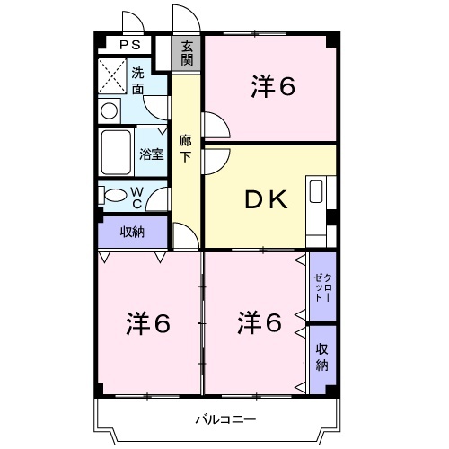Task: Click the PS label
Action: [x=130, y=45]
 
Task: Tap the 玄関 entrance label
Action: [x=187, y=53]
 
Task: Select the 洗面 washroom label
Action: [x=137, y=81]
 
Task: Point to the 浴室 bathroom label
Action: [x=152, y=154]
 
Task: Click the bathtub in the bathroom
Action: [x=116, y=153]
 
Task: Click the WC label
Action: [x=137, y=198]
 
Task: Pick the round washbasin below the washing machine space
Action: [x=109, y=111]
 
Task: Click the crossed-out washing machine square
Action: [x=112, y=76]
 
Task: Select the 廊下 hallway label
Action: [x=185, y=149]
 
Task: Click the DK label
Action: [x=266, y=199]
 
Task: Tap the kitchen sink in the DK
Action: [x=316, y=191]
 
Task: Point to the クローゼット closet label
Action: [x=322, y=287]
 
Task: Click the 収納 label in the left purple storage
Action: [x=132, y=232]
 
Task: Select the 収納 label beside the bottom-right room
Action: [x=322, y=357]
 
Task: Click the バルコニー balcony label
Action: [x=225, y=419]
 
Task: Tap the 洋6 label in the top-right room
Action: [x=273, y=86]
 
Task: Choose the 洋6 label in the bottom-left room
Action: [x=148, y=323]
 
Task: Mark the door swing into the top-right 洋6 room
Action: [x=223, y=119]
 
